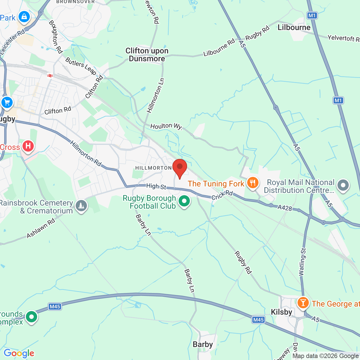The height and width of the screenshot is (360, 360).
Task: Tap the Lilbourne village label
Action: point(294,28)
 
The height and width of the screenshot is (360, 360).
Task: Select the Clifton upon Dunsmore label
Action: point(147,55)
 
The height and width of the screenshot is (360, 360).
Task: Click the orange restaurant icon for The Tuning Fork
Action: point(253,183)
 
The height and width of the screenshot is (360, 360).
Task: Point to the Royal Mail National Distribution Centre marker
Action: point(343,185)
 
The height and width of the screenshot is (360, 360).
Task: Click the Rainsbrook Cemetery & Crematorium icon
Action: point(81,206)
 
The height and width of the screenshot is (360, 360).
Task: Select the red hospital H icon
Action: point(28,146)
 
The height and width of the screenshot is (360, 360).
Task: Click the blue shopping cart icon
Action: point(7,102)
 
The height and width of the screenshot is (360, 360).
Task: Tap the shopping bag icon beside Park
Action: point(24,17)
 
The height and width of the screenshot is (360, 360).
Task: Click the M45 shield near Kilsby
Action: point(258,320)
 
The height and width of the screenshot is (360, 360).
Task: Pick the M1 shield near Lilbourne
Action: point(312,15)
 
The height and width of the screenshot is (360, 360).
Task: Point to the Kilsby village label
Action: point(281,312)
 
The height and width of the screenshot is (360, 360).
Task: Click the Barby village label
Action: point(202,345)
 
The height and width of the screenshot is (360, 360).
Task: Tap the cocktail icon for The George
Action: point(303,303)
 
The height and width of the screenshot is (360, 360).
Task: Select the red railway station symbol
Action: point(50,76)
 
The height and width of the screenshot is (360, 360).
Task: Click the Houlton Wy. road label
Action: point(166,126)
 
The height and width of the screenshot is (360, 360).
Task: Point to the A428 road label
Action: point(285,208)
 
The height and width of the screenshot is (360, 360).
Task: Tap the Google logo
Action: point(19,353)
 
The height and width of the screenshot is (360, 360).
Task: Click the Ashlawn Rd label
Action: point(41,228)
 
